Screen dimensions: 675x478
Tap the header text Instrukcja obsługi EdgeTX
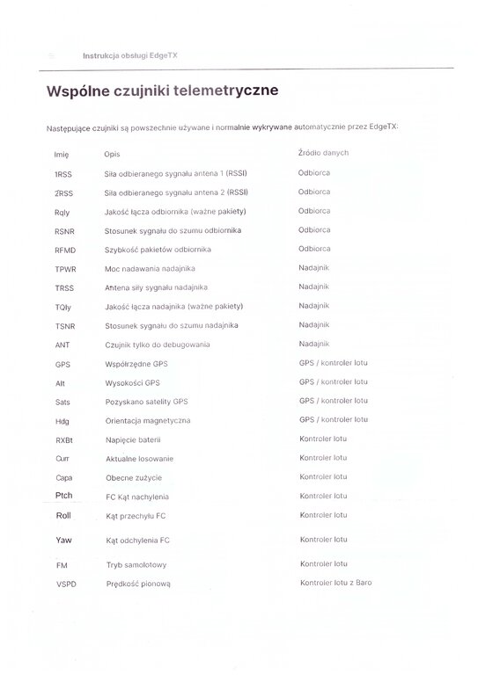coord(129,54)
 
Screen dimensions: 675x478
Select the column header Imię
coord(61,154)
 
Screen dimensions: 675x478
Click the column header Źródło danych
coord(323,153)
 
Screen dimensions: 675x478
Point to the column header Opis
coord(112,154)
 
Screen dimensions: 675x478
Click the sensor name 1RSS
coord(63,173)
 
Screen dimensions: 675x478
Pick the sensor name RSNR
coord(65,230)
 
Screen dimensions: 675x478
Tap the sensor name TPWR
coord(66,268)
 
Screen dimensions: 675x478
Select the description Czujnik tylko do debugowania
coord(159,345)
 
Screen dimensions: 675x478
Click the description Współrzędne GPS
coord(136,364)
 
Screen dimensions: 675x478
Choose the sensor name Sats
coord(63,402)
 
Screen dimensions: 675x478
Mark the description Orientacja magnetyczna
coord(148,421)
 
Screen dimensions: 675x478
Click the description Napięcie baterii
coord(133,440)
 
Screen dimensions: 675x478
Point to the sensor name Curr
coord(63,459)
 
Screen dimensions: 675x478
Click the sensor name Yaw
coord(63,539)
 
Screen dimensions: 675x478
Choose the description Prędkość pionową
coord(137,584)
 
